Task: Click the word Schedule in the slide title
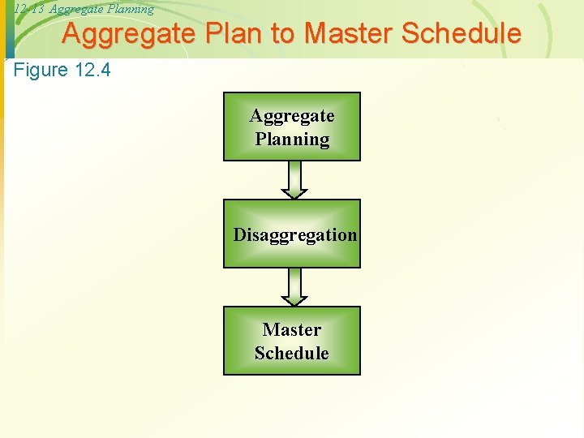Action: (462, 34)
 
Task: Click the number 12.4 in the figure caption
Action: (92, 70)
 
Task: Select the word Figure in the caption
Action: (41, 70)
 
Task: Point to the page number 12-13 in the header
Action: (30, 9)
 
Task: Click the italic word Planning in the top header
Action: (131, 9)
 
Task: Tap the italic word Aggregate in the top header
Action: (77, 9)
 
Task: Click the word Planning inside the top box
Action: (292, 140)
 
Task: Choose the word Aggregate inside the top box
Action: (292, 116)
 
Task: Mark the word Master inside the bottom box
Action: (292, 330)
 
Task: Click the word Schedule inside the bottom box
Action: (292, 354)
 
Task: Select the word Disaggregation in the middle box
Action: (295, 235)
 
